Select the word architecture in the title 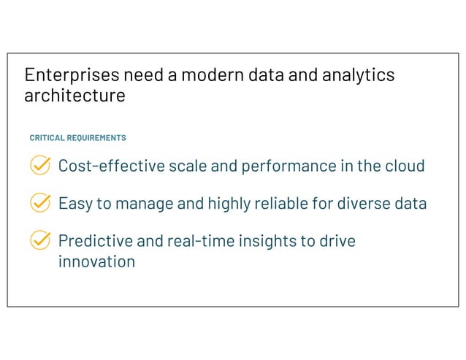coord(75,96)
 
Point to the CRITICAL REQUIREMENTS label coord(77,137)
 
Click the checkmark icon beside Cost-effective coord(40,166)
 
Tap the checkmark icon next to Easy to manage coord(40,203)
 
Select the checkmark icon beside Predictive coord(40,240)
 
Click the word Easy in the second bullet coord(75,203)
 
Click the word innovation coord(96,261)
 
